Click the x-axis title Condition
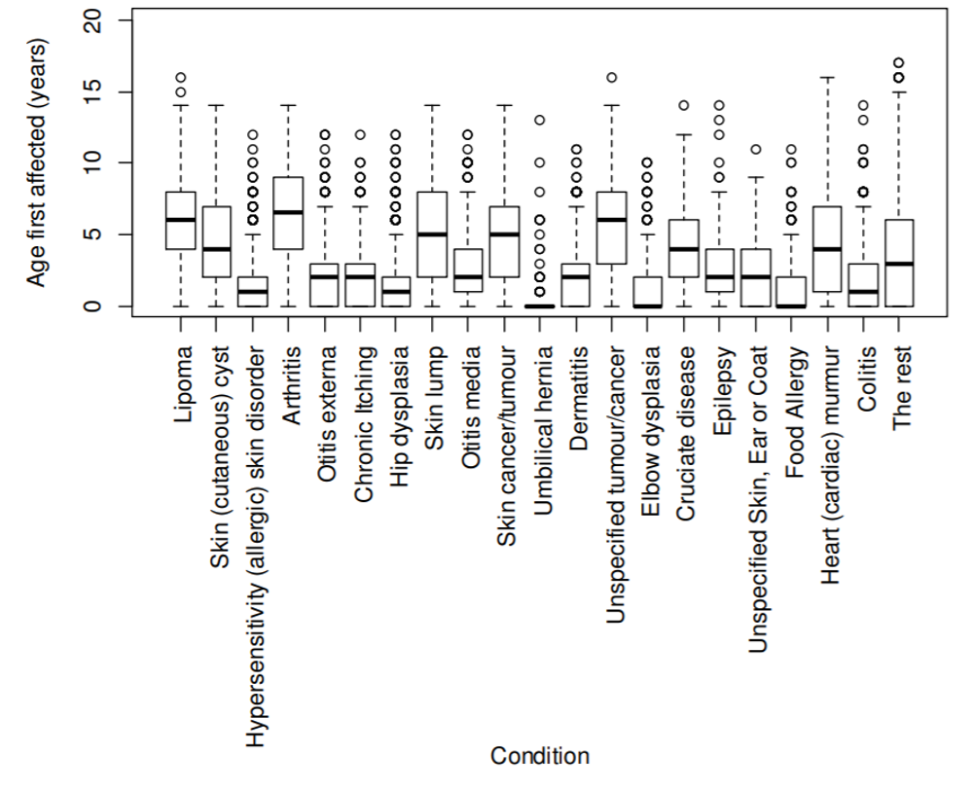539,756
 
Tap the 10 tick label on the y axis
95,162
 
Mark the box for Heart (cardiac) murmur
827,248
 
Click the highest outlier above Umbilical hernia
539,120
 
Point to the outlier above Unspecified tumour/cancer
611,77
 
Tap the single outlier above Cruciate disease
683,105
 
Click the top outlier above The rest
899,63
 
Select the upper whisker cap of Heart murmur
827,77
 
